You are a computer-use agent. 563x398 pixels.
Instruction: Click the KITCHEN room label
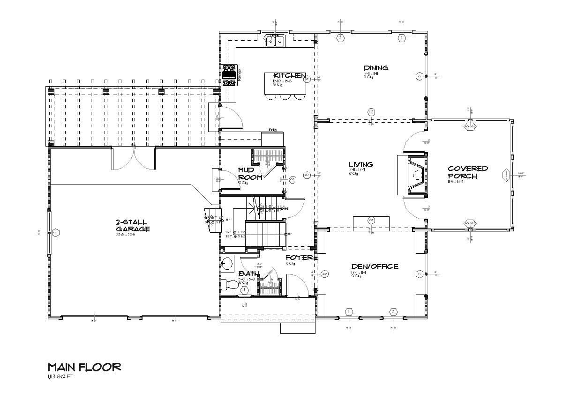[290, 76]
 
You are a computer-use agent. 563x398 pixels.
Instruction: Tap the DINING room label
[375, 68]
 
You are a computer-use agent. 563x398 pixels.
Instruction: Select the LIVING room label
[360, 164]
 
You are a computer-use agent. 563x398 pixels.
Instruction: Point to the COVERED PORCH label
[467, 172]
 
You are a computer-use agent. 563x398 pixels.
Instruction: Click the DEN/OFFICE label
[375, 266]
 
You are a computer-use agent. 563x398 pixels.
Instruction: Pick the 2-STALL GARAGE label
[133, 225]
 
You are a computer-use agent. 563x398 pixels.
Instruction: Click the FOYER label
[299, 258]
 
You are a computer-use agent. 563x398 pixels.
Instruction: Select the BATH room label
[249, 273]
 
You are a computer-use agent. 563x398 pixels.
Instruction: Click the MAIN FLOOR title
[84, 367]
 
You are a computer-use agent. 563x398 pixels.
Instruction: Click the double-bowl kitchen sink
[276, 42]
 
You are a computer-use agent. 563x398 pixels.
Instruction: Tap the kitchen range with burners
[229, 75]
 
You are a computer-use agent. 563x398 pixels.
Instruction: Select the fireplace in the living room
[412, 175]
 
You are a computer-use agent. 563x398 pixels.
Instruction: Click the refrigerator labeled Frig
[272, 139]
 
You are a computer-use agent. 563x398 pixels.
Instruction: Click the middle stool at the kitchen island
[285, 96]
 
